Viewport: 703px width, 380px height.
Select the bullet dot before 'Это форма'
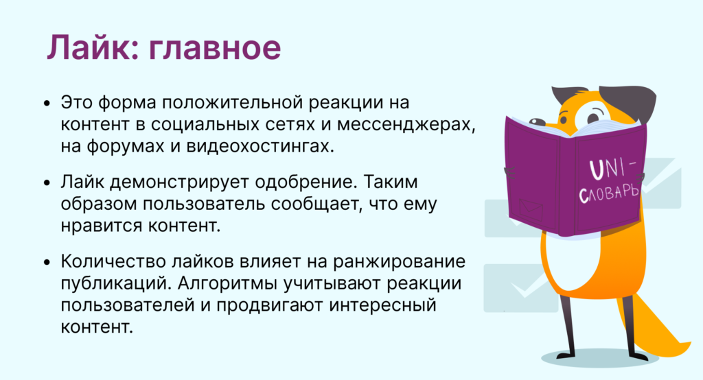47,104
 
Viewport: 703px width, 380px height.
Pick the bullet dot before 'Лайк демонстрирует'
47,184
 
